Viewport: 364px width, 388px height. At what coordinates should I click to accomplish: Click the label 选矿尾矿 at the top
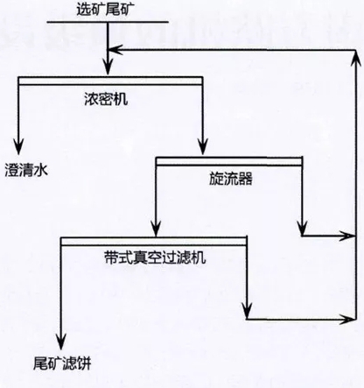[x=106, y=9]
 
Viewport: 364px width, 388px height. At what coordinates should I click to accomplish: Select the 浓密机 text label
[x=106, y=99]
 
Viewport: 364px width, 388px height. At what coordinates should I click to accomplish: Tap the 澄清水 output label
[x=26, y=170]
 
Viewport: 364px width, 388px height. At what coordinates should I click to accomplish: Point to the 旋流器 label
[x=231, y=179]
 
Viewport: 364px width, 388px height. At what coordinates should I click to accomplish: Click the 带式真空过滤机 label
[x=155, y=257]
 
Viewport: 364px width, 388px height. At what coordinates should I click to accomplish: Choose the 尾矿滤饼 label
[x=62, y=363]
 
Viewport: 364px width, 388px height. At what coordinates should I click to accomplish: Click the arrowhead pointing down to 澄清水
[x=18, y=146]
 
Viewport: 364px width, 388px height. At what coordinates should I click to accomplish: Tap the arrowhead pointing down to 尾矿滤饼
[x=61, y=342]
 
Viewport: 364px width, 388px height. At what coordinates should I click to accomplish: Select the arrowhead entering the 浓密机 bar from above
[x=108, y=67]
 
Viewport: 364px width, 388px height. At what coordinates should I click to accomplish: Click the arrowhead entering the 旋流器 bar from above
[x=203, y=146]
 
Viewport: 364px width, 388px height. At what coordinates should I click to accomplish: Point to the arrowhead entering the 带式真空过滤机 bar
[x=157, y=227]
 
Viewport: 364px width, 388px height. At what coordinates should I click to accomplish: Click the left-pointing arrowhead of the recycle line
[x=116, y=50]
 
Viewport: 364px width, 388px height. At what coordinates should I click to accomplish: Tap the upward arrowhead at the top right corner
[x=356, y=59]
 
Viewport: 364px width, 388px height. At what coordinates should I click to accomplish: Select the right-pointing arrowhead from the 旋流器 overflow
[x=347, y=236]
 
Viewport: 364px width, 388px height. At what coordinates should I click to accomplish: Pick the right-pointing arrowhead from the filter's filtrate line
[x=347, y=319]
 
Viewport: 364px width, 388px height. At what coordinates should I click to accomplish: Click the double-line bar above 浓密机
[x=110, y=81]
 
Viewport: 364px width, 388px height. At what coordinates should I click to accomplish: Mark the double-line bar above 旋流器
[x=229, y=161]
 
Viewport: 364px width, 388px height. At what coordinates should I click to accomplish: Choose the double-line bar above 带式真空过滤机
[x=154, y=241]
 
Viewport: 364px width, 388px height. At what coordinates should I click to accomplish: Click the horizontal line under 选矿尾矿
[x=108, y=22]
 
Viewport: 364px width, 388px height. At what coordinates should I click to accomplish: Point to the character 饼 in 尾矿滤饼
[x=84, y=363]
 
